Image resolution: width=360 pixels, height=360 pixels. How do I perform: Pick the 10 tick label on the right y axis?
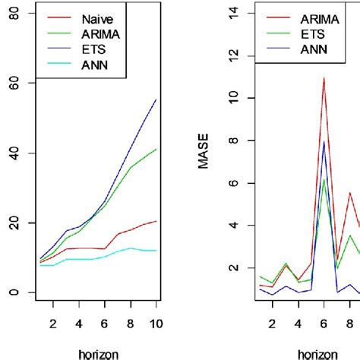coord(236,98)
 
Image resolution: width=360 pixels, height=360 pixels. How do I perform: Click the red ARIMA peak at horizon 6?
coord(324,77)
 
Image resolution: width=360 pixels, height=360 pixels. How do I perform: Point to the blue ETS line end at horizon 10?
coord(156,99)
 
